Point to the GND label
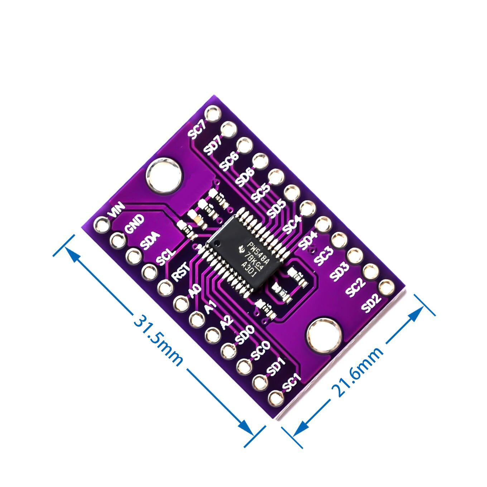coord(134,223)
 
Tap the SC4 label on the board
coord(292,224)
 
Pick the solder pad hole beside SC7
coord(214,112)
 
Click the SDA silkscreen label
coord(150,240)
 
